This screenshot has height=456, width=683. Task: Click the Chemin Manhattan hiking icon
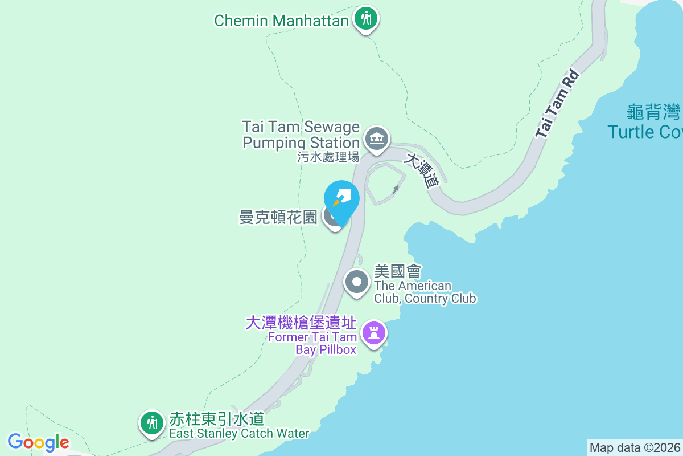coord(366,19)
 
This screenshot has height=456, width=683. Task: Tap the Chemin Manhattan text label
coord(281,21)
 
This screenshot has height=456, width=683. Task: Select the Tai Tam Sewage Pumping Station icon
coord(376,139)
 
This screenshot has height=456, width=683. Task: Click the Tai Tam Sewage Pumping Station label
coord(301,134)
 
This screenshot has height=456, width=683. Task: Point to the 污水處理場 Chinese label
coord(328,157)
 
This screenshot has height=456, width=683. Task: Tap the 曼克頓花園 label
coord(278,217)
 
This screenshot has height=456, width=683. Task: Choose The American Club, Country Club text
coord(425,292)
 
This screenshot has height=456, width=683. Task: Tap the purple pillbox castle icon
coord(374,332)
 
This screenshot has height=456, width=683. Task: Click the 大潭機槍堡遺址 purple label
coord(301,323)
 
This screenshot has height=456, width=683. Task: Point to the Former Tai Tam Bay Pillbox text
coord(312,343)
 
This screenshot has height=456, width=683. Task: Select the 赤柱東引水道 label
coord(217,420)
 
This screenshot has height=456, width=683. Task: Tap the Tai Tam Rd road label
coord(557,104)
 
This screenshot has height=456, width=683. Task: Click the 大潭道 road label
coord(422,170)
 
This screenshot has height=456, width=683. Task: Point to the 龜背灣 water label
coord(653,112)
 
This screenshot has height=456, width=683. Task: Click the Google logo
coord(39,442)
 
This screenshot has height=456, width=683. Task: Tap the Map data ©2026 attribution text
coord(635,447)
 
